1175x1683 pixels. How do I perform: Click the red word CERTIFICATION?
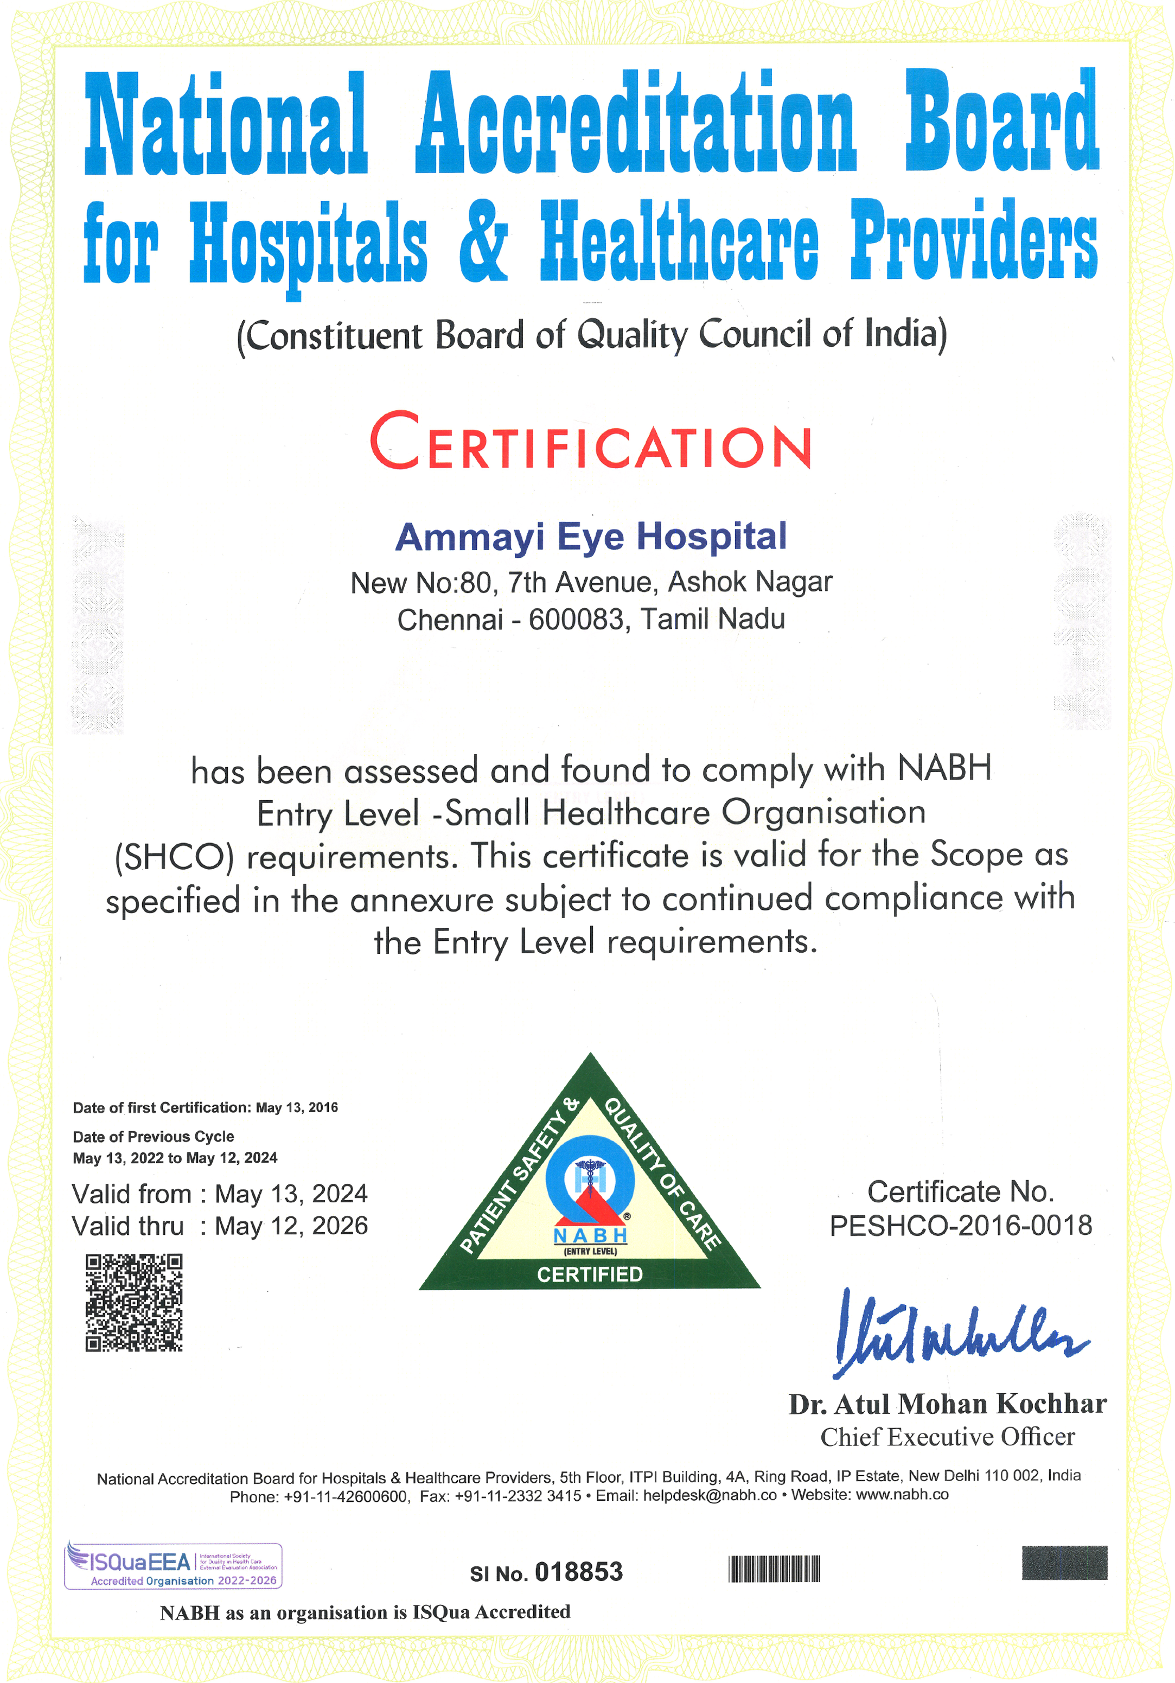tap(590, 442)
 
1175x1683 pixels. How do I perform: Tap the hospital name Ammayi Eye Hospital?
tap(591, 537)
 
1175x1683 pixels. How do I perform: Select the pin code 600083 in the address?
tap(576, 620)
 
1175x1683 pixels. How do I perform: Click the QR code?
tap(134, 1303)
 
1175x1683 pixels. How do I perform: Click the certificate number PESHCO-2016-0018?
tap(960, 1226)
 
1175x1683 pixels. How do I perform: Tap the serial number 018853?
tap(578, 1572)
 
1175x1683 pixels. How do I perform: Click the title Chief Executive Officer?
tap(947, 1437)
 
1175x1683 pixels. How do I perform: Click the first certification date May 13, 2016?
tap(296, 1107)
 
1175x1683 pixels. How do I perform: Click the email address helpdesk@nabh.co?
tap(709, 1495)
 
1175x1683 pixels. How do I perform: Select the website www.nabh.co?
tap(902, 1495)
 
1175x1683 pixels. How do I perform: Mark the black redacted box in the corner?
tap(1064, 1563)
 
